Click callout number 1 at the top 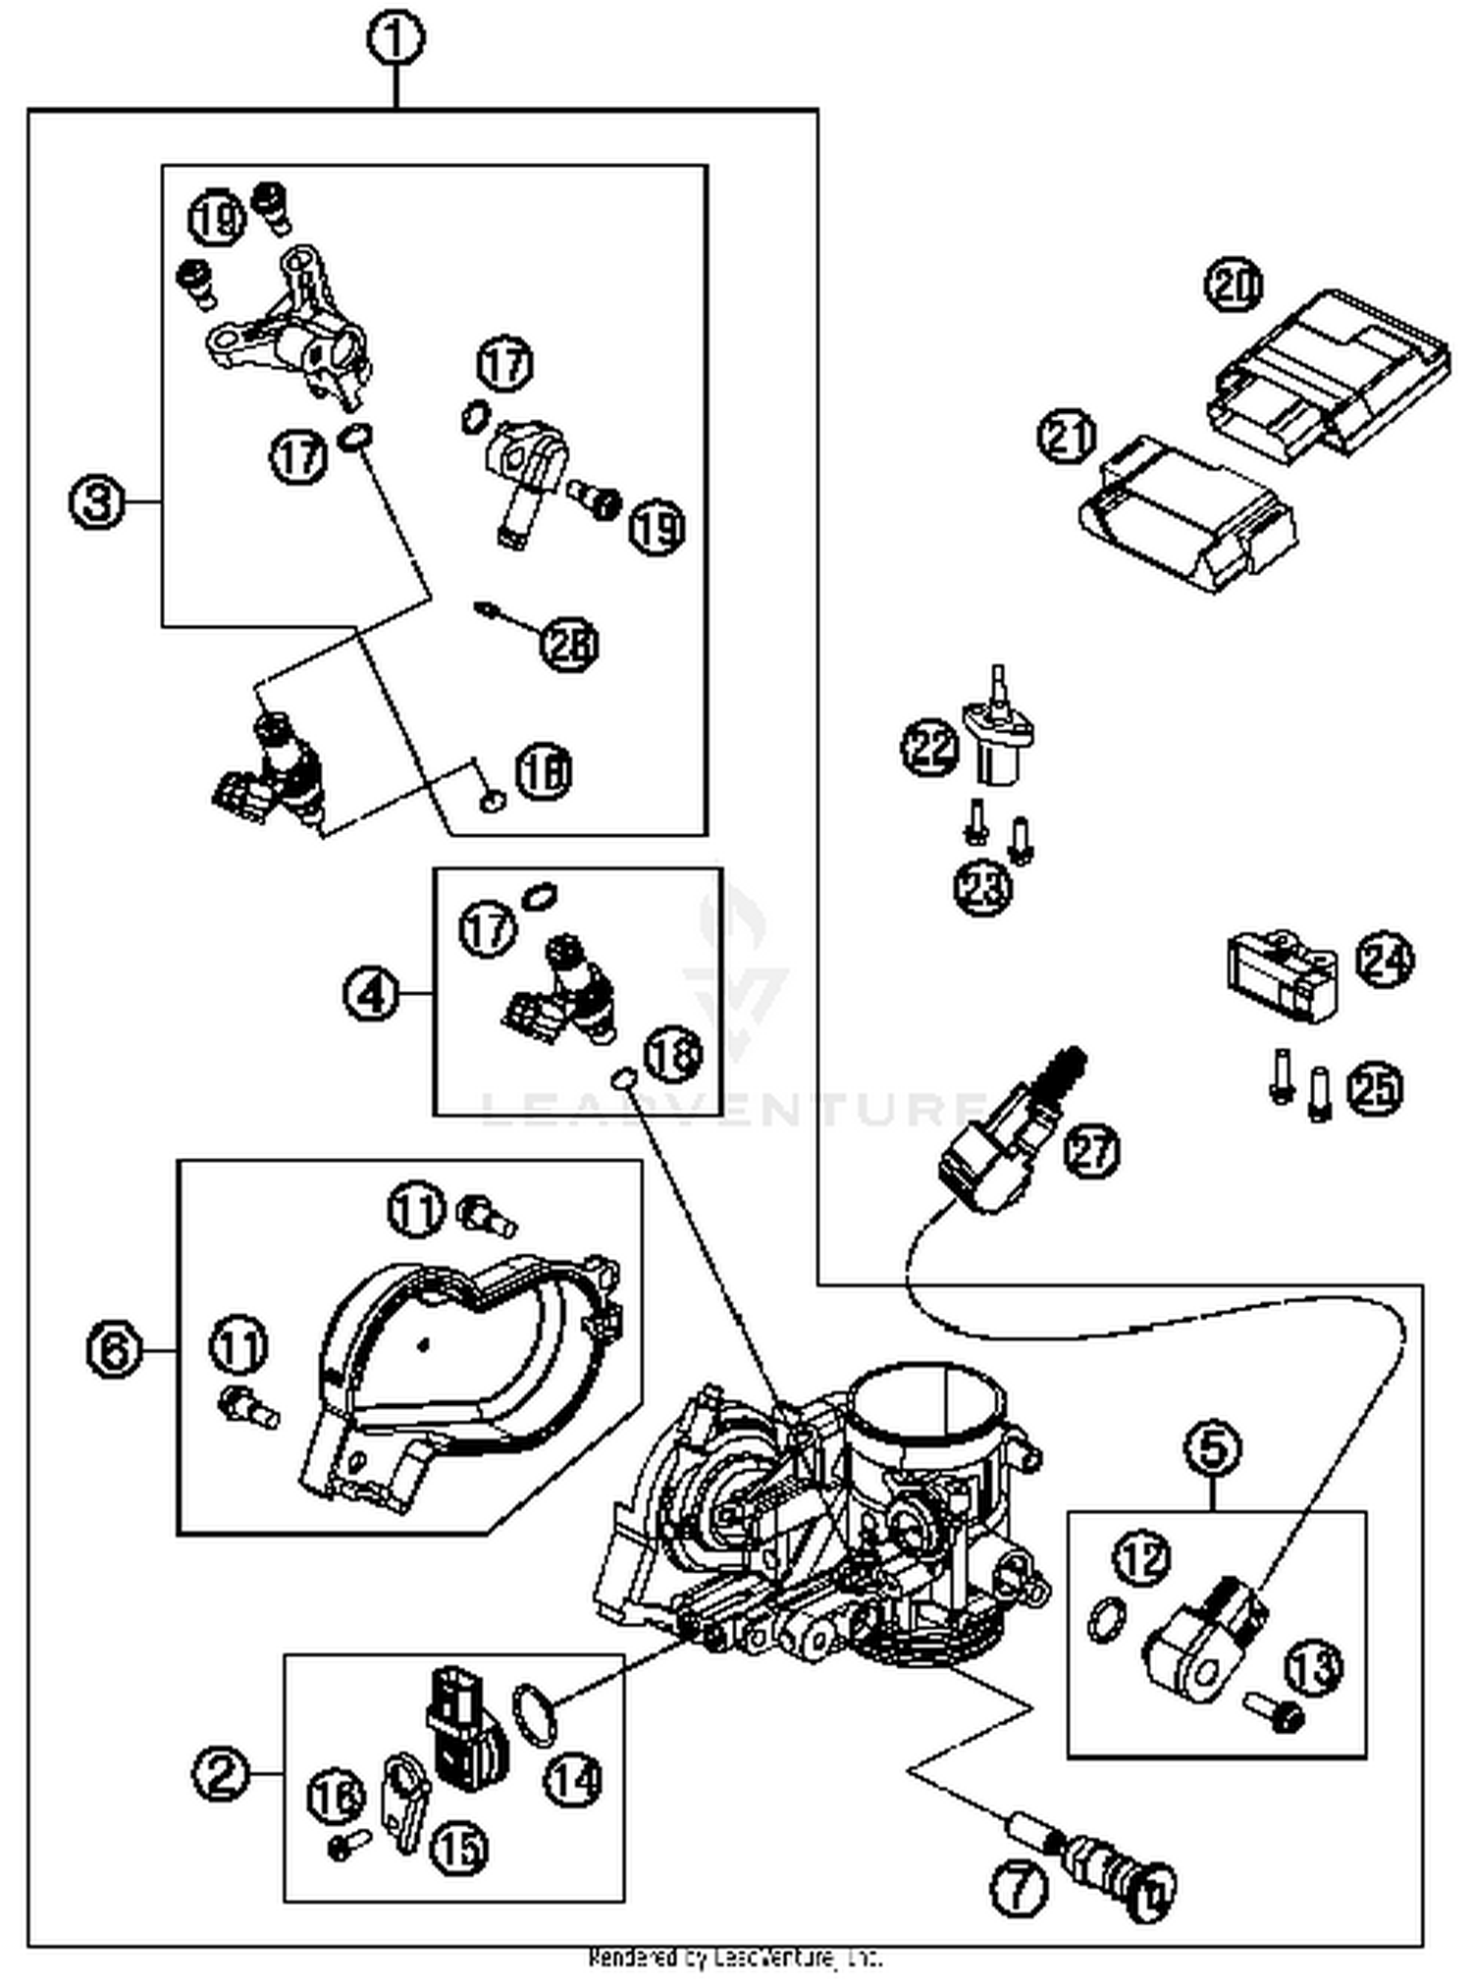coord(395,40)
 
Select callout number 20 coord(1234,286)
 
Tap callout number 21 coord(1067,437)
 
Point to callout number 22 coord(928,748)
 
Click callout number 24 coord(1385,960)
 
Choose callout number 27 coord(1092,1149)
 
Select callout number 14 coord(573,1777)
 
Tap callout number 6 coord(115,1350)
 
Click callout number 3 coord(97,502)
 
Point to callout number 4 coord(371,994)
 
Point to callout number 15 coord(459,1848)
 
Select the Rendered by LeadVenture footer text coord(735,1959)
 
